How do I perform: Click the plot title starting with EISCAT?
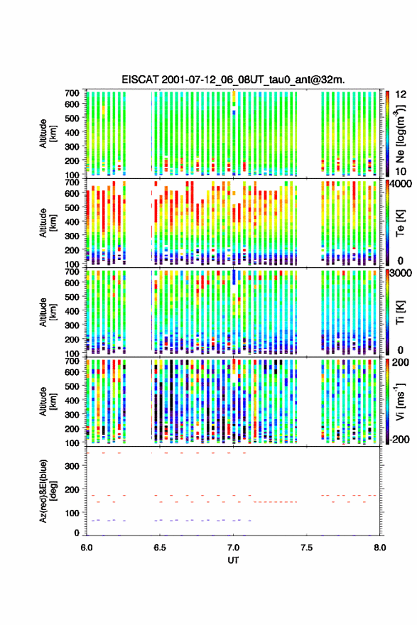click(x=233, y=80)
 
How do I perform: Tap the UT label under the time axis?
click(x=233, y=560)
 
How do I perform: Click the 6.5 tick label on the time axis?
click(x=160, y=548)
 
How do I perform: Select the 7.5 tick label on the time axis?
click(x=307, y=548)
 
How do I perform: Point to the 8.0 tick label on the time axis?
click(x=379, y=548)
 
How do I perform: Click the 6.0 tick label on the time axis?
click(x=87, y=548)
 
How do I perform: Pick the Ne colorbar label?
click(x=400, y=134)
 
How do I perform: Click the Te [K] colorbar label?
click(x=400, y=223)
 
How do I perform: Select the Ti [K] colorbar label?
click(x=400, y=312)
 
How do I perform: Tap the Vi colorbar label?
click(x=400, y=401)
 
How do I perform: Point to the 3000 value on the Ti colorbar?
click(x=401, y=273)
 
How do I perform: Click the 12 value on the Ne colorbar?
click(x=401, y=94)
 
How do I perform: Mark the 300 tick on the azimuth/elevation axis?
click(x=72, y=466)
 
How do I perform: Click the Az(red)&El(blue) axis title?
click(x=48, y=491)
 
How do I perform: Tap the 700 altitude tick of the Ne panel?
click(x=72, y=93)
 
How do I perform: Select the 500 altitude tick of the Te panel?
click(x=72, y=207)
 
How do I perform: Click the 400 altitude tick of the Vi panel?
click(x=72, y=400)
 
